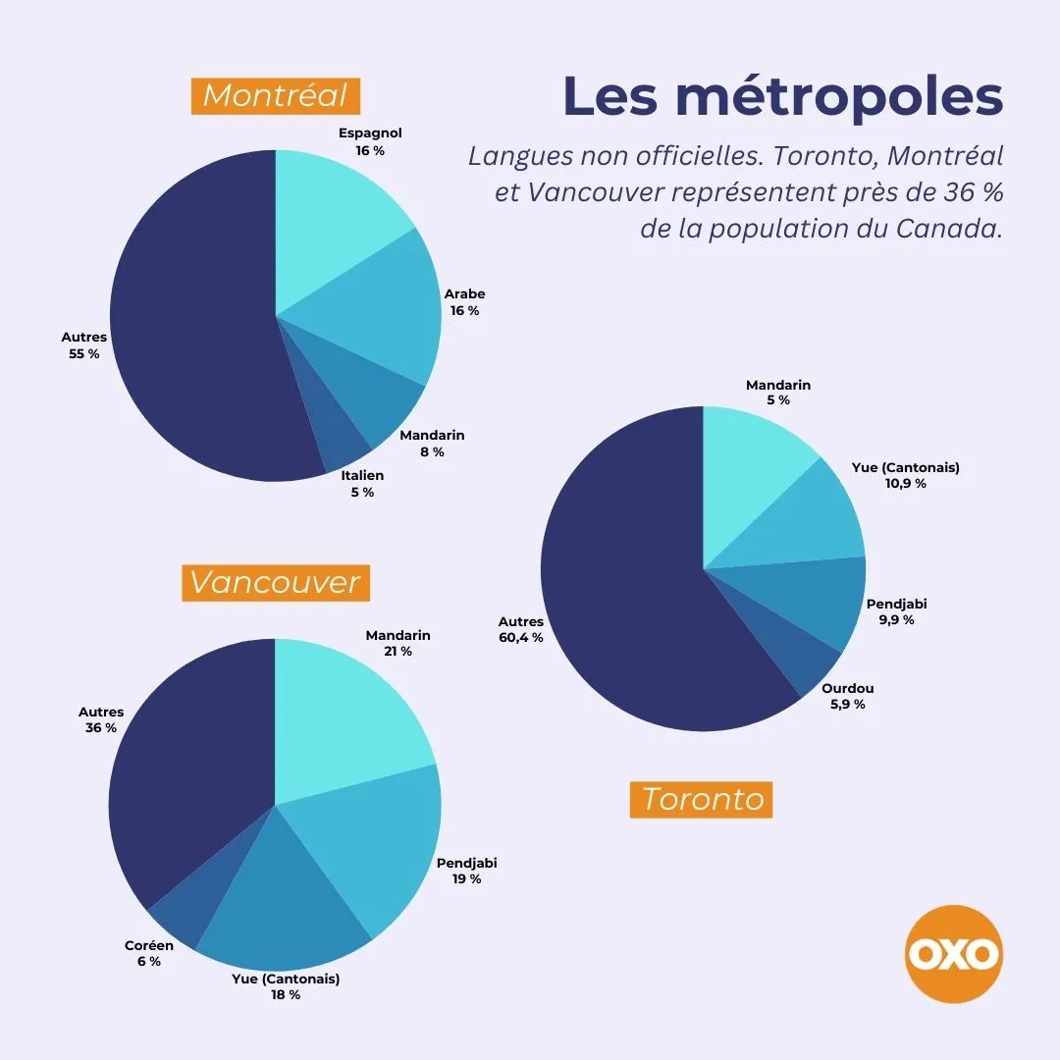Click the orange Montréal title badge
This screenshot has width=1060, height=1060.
tap(276, 96)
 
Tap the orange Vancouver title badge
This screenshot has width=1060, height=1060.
tap(276, 583)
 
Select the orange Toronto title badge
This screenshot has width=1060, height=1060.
tap(701, 800)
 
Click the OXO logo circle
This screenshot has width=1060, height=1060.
tap(954, 954)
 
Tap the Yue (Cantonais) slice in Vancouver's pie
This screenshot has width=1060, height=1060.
tap(281, 906)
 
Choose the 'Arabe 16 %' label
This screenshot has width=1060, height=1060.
tap(464, 302)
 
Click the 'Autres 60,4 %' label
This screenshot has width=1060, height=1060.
tap(520, 629)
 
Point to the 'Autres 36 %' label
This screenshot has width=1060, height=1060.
tap(101, 719)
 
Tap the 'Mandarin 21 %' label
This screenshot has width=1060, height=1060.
tap(397, 643)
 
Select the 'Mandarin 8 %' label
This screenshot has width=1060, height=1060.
tap(432, 444)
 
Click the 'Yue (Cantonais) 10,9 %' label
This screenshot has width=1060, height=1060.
tap(905, 475)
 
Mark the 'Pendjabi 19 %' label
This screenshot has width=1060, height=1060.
tap(466, 871)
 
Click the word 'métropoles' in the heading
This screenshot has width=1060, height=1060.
tap(839, 96)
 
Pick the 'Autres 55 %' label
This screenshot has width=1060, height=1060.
tap(83, 344)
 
